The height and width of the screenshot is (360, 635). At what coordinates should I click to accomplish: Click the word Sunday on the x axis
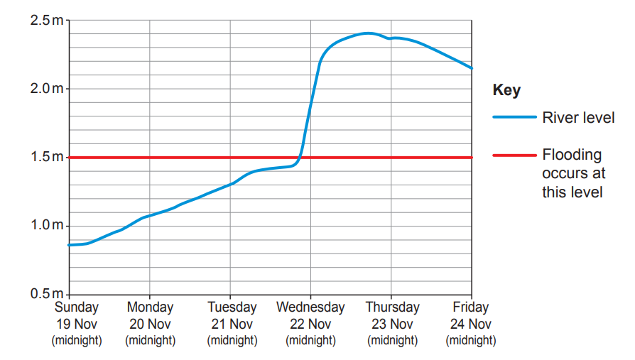[x=77, y=307]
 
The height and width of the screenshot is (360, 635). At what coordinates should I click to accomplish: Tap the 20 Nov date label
[x=150, y=324]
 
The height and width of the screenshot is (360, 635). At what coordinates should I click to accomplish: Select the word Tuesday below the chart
[x=232, y=307]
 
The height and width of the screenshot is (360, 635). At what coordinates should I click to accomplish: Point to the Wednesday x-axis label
[x=310, y=307]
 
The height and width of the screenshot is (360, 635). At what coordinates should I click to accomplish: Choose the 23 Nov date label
[x=392, y=324]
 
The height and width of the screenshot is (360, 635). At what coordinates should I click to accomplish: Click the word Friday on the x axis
[x=470, y=307]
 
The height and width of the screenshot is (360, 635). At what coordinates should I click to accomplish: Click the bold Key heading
[x=506, y=91]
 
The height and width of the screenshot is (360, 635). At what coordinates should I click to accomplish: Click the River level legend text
[x=578, y=118]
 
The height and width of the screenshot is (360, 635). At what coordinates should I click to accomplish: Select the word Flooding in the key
[x=572, y=155]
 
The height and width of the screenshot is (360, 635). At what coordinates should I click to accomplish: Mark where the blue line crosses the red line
[x=300, y=157]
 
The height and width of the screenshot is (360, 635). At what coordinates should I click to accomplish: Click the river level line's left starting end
[x=69, y=245]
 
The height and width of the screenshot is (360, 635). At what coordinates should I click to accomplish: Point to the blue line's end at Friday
[x=471, y=68]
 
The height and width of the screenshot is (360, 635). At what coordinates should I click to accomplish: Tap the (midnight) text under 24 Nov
[x=470, y=340]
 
